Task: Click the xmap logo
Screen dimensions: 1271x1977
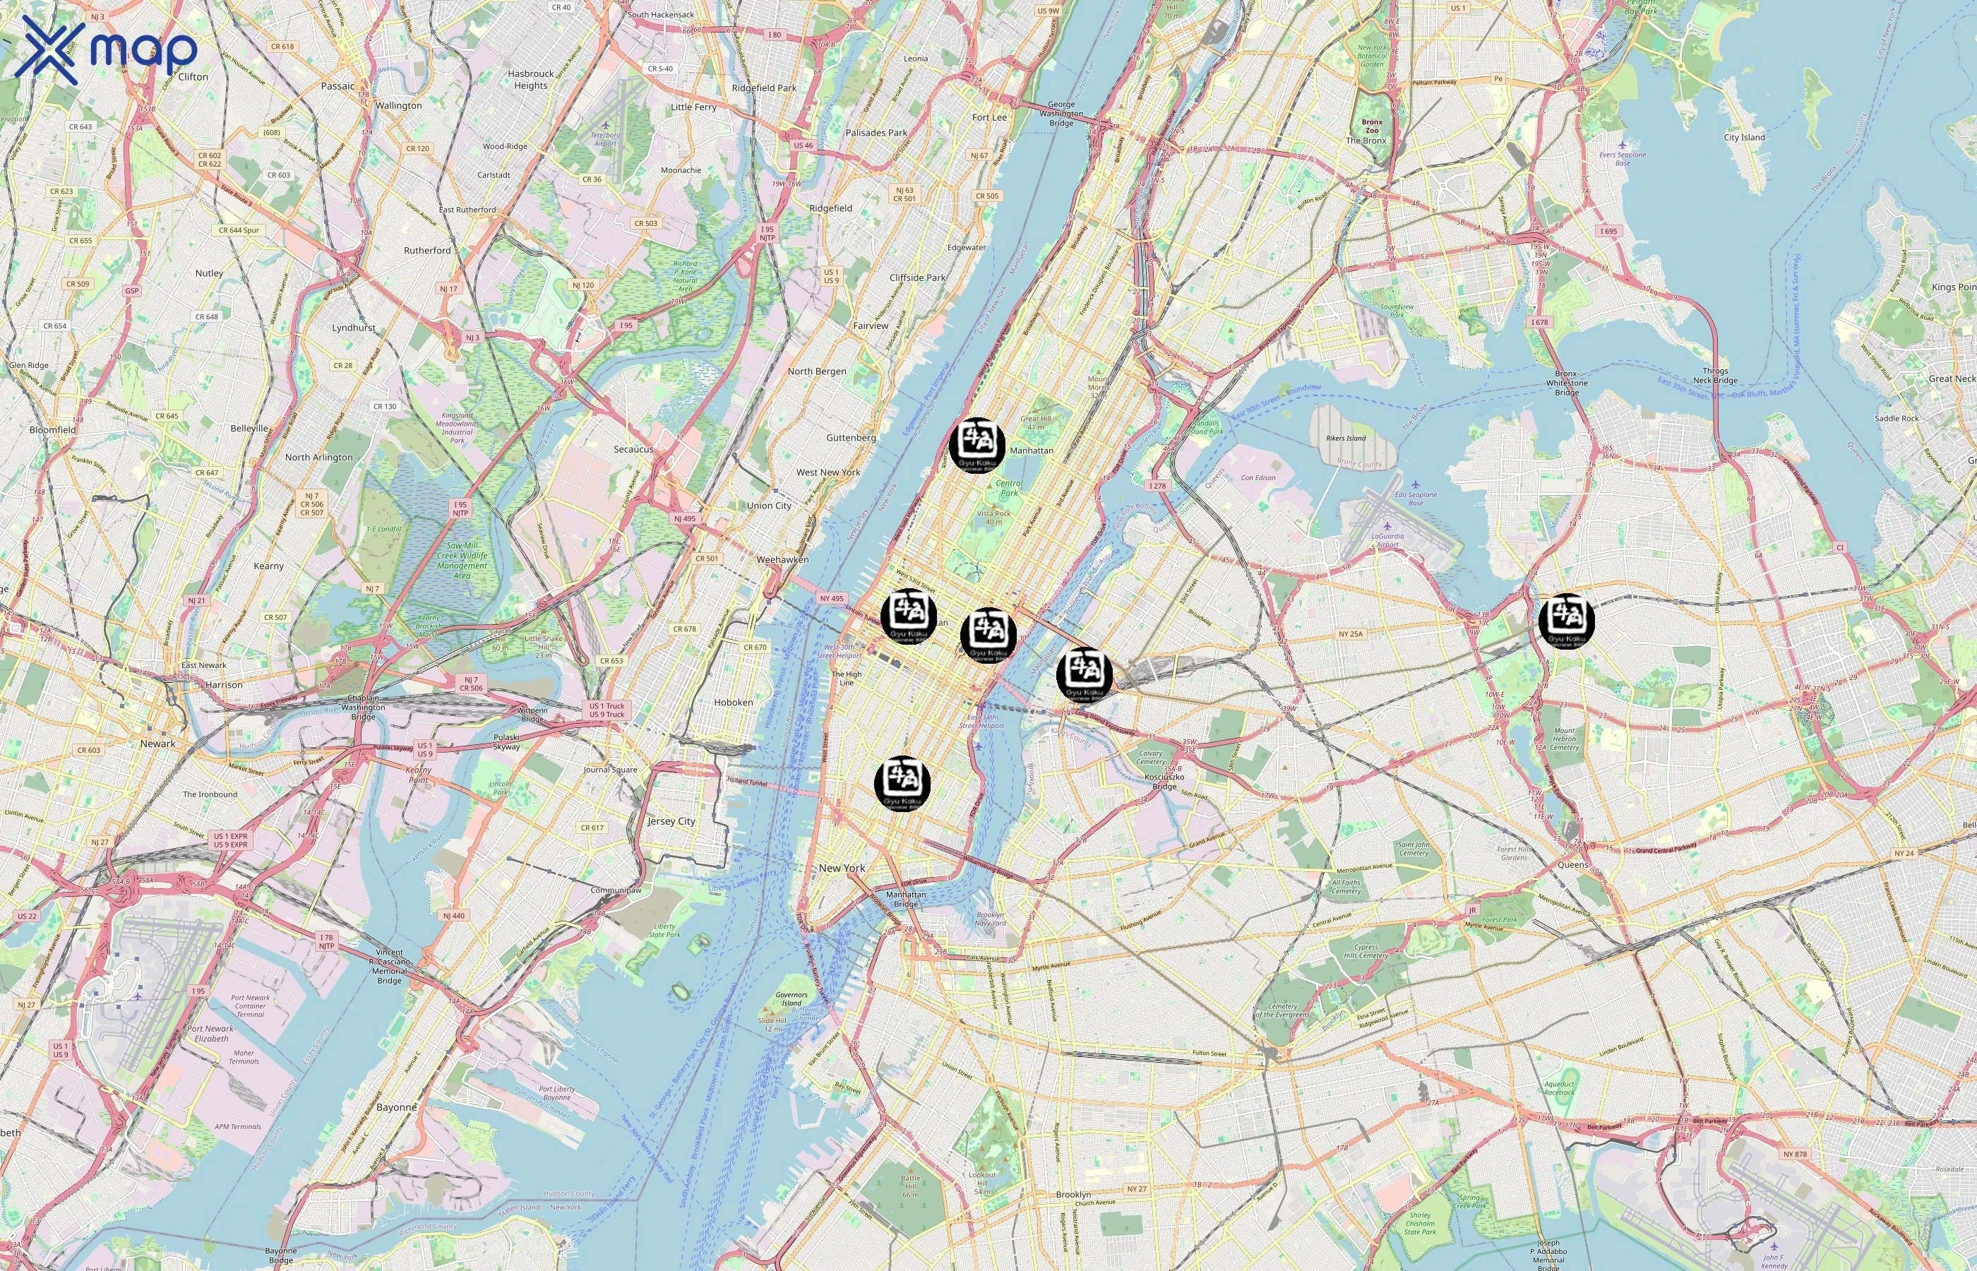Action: (x=106, y=49)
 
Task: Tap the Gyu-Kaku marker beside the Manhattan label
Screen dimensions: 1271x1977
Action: (x=977, y=445)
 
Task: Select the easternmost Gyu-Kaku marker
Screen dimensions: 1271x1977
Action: (x=1566, y=621)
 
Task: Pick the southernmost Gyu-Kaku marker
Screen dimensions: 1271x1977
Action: (x=902, y=783)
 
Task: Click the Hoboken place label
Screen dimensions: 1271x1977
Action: (x=733, y=703)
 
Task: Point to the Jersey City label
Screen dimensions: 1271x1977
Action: (x=671, y=821)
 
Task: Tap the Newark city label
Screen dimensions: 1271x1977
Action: (x=157, y=744)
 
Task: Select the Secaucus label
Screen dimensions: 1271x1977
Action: (x=633, y=450)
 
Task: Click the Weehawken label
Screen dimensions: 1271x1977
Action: (x=782, y=559)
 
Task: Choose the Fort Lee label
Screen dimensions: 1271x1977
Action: (x=989, y=117)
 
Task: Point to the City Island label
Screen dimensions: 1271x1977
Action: (x=1744, y=138)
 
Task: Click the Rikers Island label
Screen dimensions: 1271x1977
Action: (x=1346, y=438)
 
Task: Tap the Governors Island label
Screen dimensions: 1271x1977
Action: (x=792, y=998)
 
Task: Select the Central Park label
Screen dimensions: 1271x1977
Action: (x=1008, y=488)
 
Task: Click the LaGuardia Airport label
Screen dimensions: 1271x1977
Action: (x=1387, y=541)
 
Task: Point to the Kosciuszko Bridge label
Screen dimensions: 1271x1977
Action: (x=1164, y=781)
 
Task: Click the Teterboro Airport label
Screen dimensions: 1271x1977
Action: (x=605, y=138)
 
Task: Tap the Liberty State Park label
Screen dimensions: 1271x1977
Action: (x=664, y=930)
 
